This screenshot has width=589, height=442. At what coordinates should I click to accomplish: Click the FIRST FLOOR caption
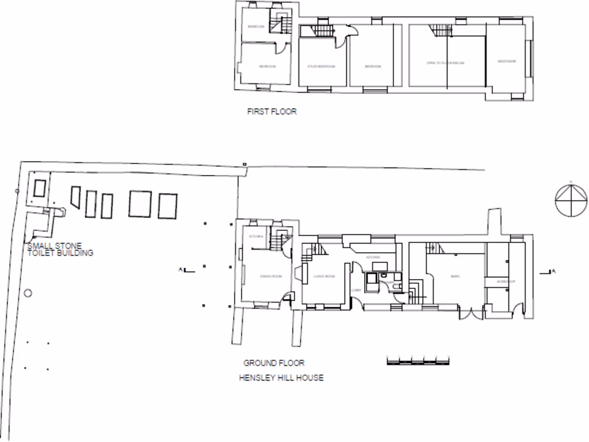pos(271,112)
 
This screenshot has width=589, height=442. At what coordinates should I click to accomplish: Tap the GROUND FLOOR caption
pos(274,363)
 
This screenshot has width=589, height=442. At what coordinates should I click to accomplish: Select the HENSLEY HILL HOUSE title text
pos(281,378)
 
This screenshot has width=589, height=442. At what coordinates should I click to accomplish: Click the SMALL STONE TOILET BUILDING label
pos(60,250)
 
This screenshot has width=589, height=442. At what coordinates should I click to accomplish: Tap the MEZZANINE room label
pos(507,62)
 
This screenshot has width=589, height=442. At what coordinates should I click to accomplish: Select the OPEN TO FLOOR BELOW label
pos(445,63)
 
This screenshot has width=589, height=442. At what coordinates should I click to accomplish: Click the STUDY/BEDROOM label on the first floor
pos(321,67)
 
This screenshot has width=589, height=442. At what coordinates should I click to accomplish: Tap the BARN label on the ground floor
pos(455,277)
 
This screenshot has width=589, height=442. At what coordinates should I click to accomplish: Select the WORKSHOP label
pos(506,281)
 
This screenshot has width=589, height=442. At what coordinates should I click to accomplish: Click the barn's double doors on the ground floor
pos(471,314)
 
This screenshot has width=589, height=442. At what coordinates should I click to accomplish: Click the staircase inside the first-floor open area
pos(441,30)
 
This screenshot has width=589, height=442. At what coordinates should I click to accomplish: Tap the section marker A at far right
pos(550,270)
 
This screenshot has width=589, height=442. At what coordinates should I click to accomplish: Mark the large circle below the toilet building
pos(27,293)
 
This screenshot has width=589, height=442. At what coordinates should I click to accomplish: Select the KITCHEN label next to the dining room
pos(255,237)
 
